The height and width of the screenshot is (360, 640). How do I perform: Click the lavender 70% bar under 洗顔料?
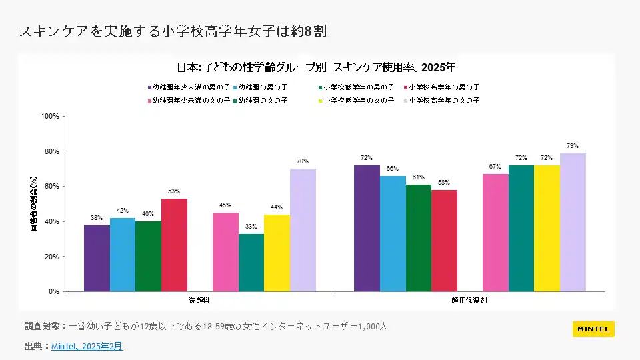pyautogui.click(x=303, y=230)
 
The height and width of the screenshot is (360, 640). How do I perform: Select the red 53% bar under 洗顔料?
pyautogui.click(x=174, y=245)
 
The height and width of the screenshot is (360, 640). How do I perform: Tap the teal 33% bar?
pyautogui.click(x=251, y=263)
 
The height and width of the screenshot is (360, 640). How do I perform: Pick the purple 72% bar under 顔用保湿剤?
pyautogui.click(x=367, y=228)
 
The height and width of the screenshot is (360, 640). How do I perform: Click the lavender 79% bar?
pyautogui.click(x=573, y=222)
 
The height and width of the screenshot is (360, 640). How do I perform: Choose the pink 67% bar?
pyautogui.click(x=495, y=233)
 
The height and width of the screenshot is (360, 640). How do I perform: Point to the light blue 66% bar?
pyautogui.click(x=393, y=233)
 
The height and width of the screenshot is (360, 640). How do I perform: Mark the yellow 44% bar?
pyautogui.click(x=277, y=253)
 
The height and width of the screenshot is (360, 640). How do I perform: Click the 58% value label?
pyautogui.click(x=444, y=183)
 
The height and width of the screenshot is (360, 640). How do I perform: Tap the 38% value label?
pyautogui.click(x=97, y=218)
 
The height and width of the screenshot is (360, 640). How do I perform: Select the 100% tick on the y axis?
pyautogui.click(x=50, y=116)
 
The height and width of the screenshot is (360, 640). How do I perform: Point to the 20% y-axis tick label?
pyautogui.click(x=51, y=257)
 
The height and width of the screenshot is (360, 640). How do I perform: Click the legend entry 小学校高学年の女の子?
pyautogui.click(x=443, y=101)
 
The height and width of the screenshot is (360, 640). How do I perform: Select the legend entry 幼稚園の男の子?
pyautogui.click(x=262, y=87)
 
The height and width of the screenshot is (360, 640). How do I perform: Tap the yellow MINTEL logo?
pyautogui.click(x=593, y=329)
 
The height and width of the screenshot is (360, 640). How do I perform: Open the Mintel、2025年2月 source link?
pyautogui.click(x=87, y=347)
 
